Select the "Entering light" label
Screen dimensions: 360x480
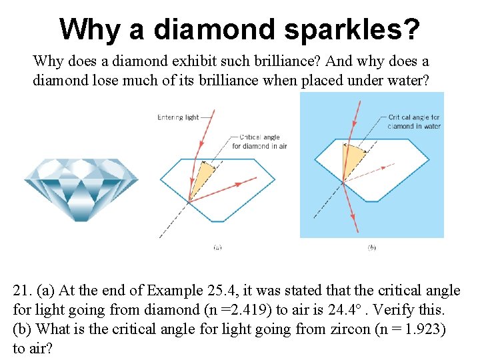click(178, 117)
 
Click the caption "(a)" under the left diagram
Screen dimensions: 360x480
click(217, 247)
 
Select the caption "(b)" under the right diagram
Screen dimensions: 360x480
click(371, 247)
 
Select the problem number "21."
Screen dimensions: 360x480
click(23, 291)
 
